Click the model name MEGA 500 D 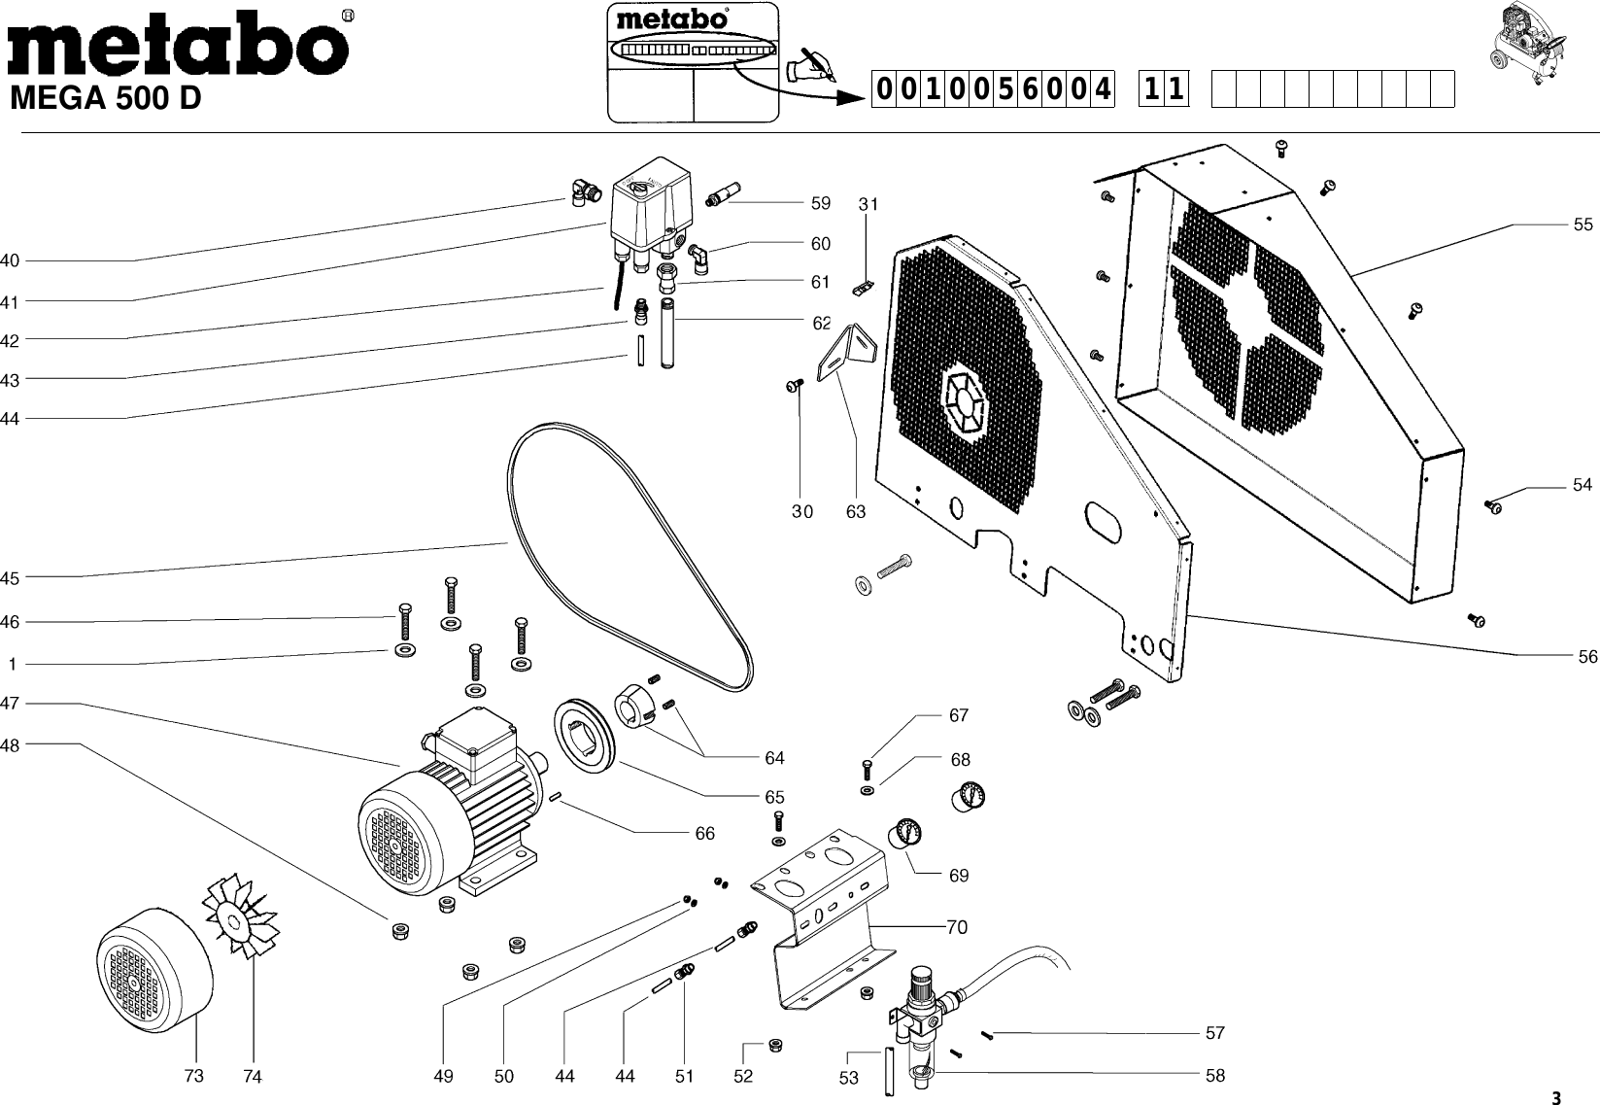coord(105,99)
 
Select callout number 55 coord(1583,224)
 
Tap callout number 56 coord(1587,657)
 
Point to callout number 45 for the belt coord(10,578)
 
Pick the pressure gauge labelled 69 coord(904,833)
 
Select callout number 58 coord(1214,1075)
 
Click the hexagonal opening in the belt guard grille coord(965,403)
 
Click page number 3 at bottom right coord(1554,1098)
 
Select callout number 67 coord(959,715)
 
